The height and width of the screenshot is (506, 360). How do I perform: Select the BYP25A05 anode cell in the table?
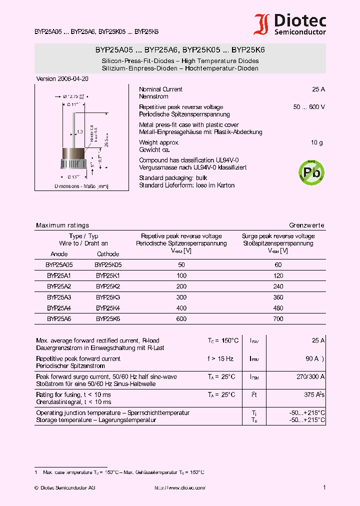(59, 265)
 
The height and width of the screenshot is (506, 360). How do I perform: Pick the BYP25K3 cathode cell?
(108, 297)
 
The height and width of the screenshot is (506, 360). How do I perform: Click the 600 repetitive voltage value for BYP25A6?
(181, 318)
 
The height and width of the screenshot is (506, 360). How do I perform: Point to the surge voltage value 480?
(278, 308)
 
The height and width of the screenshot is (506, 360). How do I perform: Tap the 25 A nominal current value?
(318, 89)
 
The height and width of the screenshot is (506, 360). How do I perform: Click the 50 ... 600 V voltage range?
(309, 107)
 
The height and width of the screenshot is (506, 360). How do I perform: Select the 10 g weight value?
(316, 143)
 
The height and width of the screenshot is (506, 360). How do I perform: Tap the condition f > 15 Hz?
(220, 359)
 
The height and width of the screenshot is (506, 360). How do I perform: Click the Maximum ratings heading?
(62, 225)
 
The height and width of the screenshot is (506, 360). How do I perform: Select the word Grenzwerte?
(306, 225)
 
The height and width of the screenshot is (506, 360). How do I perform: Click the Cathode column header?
(108, 254)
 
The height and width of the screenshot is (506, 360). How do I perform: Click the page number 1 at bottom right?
(324, 487)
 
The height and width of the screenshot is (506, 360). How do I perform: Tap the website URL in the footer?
(180, 487)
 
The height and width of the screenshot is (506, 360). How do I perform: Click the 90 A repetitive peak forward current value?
(312, 359)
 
